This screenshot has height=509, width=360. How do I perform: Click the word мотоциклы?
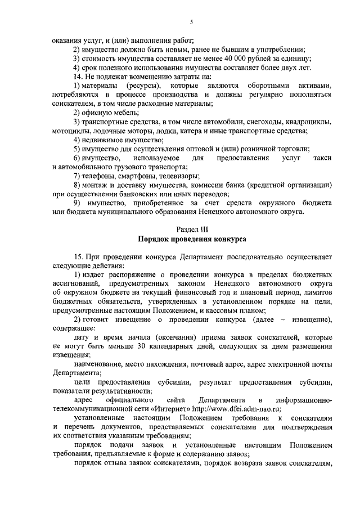pos(69,131)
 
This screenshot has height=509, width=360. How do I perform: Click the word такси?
pos(322,158)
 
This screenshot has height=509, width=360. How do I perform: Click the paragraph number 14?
pos(78,76)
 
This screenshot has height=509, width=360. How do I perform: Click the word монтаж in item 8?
pos(95,185)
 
